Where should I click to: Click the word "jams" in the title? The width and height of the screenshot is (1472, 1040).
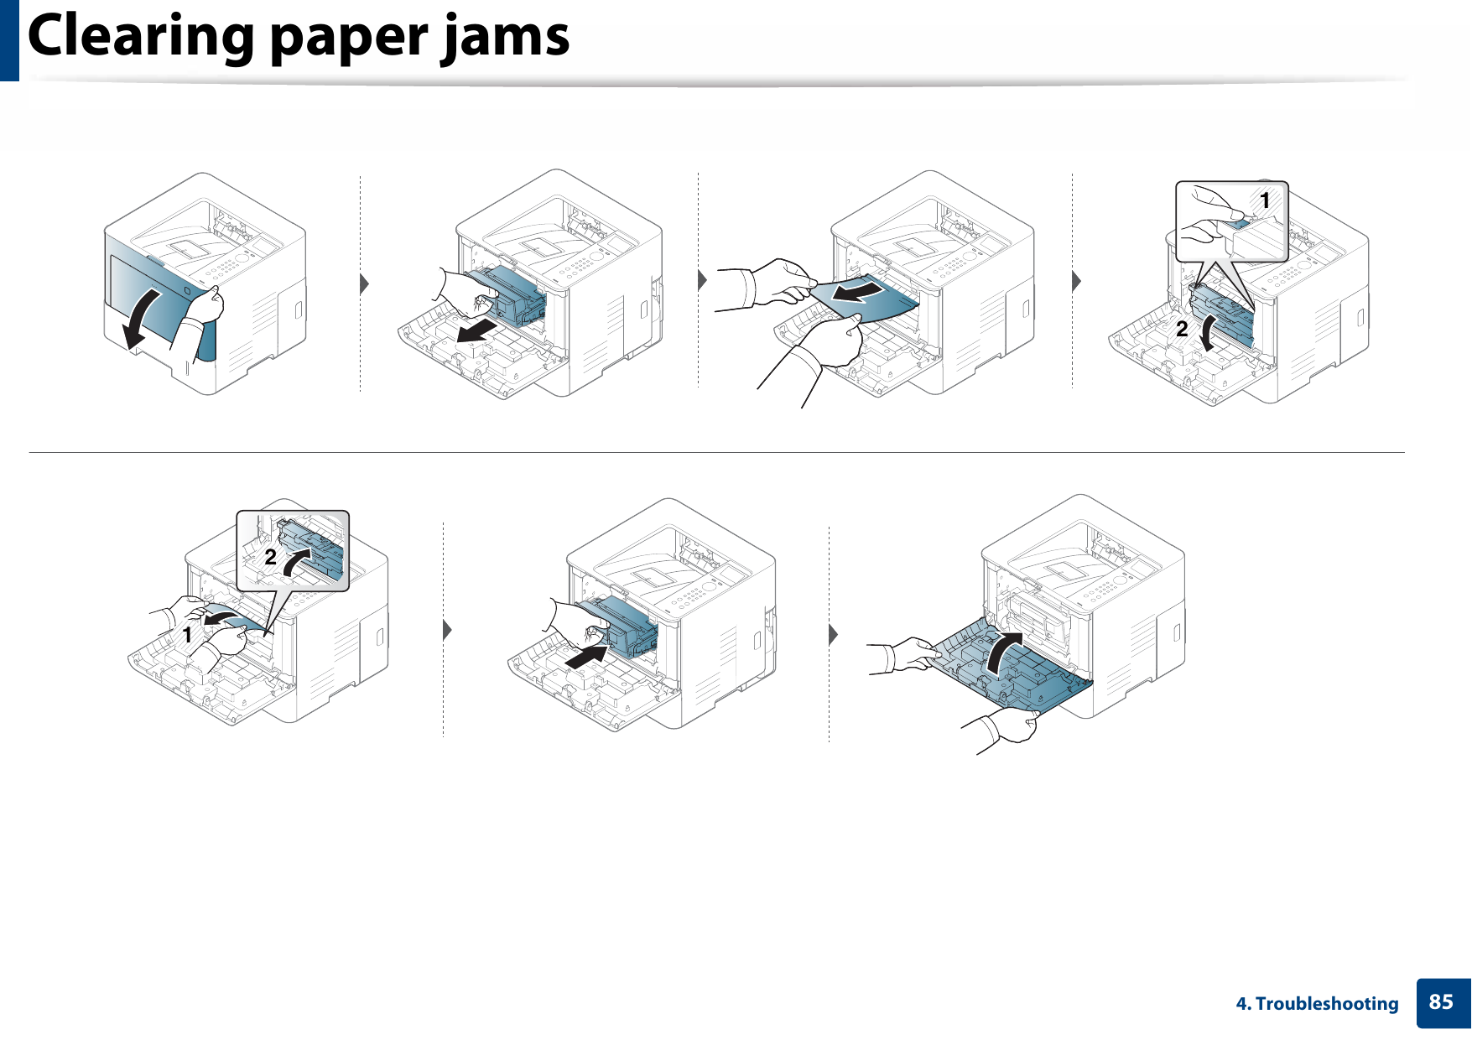pyautogui.click(x=506, y=37)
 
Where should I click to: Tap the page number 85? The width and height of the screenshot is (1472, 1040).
pyautogui.click(x=1441, y=1002)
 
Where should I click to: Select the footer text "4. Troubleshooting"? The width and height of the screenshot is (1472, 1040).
pyautogui.click(x=1317, y=1004)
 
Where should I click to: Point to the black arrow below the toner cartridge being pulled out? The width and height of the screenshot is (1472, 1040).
pyautogui.click(x=483, y=330)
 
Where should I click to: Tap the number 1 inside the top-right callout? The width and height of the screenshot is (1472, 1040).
pyautogui.click(x=1265, y=200)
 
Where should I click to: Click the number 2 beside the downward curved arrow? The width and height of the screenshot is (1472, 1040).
pyautogui.click(x=1182, y=329)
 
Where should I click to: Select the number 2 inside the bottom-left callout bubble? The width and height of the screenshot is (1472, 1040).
pyautogui.click(x=270, y=557)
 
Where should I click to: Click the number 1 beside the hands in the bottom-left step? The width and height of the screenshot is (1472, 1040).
pyautogui.click(x=187, y=636)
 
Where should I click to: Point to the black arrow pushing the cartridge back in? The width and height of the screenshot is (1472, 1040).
pyautogui.click(x=586, y=657)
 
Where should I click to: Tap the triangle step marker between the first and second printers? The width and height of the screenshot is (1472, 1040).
pyautogui.click(x=364, y=283)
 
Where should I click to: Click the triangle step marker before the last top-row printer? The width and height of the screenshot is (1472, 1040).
pyautogui.click(x=1076, y=280)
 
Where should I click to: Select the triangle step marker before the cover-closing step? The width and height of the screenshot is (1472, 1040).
pyautogui.click(x=833, y=634)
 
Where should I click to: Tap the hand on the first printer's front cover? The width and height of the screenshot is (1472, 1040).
pyautogui.click(x=205, y=306)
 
